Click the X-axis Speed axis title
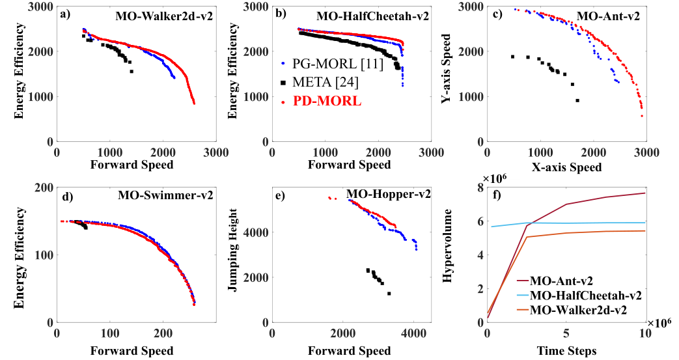(566, 167)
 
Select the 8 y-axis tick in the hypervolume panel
(480, 188)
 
